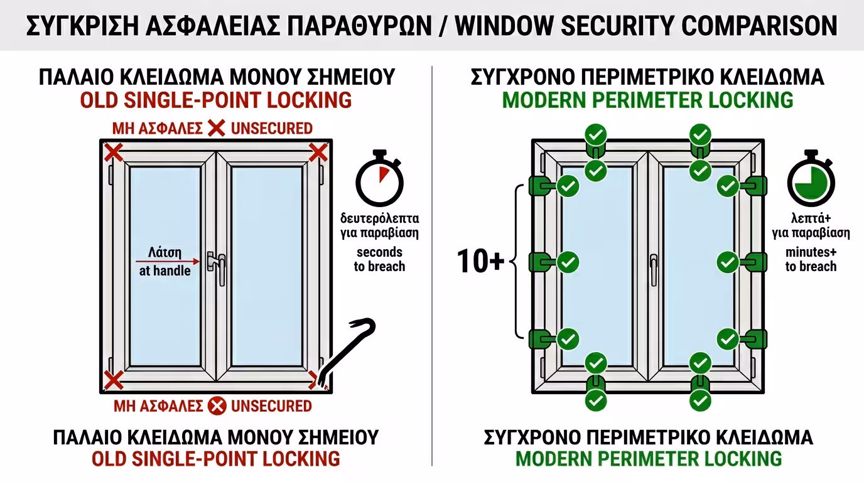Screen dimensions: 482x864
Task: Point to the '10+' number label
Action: pos(480,262)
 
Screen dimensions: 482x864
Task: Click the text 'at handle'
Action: pos(165,271)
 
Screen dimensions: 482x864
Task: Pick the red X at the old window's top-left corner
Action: pos(113,152)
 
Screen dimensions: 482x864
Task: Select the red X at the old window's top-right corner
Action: pos(318,152)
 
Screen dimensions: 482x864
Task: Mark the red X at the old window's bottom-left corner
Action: pos(113,380)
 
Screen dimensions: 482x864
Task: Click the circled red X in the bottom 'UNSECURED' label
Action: pos(217,406)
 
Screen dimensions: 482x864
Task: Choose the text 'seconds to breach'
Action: pos(380,259)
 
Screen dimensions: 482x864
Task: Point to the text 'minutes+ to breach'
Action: pos(811,259)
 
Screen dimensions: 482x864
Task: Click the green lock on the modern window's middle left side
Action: pos(542,262)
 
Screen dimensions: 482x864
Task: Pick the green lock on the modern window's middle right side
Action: pos(755,262)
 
